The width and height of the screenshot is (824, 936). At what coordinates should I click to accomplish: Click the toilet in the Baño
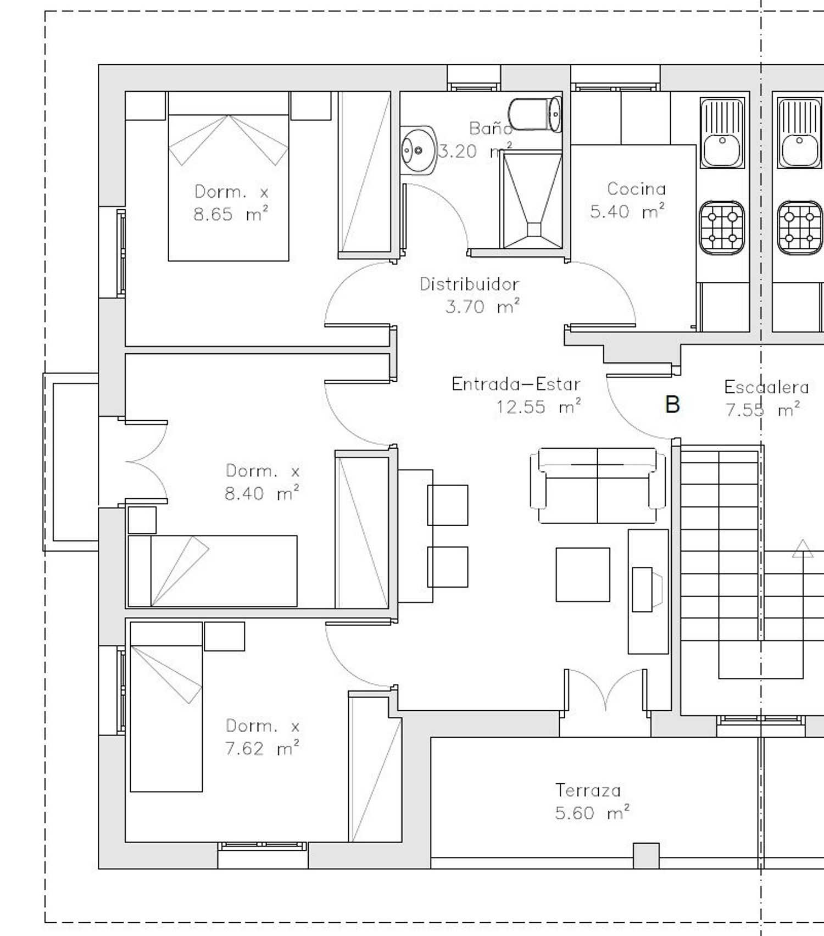tap(535, 114)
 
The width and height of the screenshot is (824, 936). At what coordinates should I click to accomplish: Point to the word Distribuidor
tap(469, 284)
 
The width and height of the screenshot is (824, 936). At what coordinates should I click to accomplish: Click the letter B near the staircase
tap(672, 404)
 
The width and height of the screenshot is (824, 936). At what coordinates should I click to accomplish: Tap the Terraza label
tap(588, 790)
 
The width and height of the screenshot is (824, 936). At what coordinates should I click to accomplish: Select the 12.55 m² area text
tap(538, 407)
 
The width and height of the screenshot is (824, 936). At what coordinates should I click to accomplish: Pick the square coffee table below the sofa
tap(583, 575)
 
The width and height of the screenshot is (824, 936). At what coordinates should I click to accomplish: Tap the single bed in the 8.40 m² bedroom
tap(213, 571)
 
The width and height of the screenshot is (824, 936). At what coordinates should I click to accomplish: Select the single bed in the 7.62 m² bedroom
tap(166, 707)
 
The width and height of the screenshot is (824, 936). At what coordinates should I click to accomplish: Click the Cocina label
tap(636, 189)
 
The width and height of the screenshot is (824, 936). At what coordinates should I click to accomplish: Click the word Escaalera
tap(766, 387)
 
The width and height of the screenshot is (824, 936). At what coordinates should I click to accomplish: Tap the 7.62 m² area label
tap(263, 748)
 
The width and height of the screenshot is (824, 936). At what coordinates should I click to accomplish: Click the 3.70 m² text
tap(482, 307)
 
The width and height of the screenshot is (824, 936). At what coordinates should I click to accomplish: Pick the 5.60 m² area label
tap(592, 812)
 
